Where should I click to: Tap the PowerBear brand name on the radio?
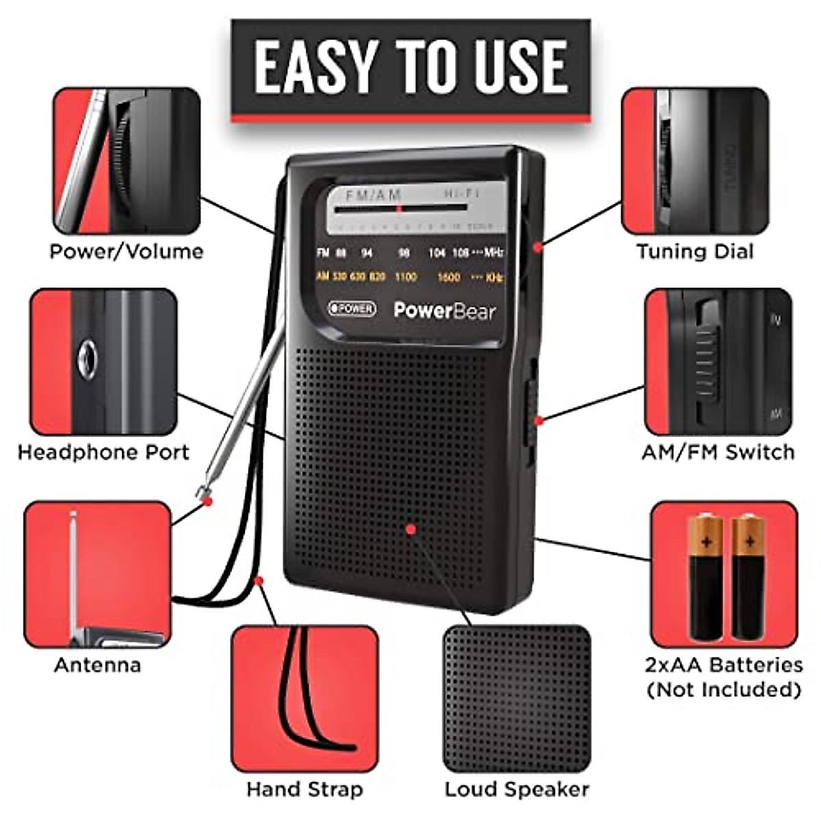(445, 311)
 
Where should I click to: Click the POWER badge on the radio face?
(352, 309)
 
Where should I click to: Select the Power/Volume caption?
(127, 252)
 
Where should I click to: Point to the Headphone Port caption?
(103, 452)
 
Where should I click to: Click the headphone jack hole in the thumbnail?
(87, 359)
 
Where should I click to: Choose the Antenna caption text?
(97, 665)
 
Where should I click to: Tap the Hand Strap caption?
(304, 790)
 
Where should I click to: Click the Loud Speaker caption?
(517, 790)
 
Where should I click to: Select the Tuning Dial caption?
(695, 252)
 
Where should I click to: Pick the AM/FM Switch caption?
(718, 452)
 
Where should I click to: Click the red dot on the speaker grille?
(410, 529)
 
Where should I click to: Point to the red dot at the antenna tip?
(208, 501)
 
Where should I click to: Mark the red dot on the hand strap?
(259, 581)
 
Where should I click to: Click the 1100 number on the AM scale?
(406, 277)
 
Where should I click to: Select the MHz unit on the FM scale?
(493, 253)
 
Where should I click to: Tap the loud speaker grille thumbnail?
(517, 698)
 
